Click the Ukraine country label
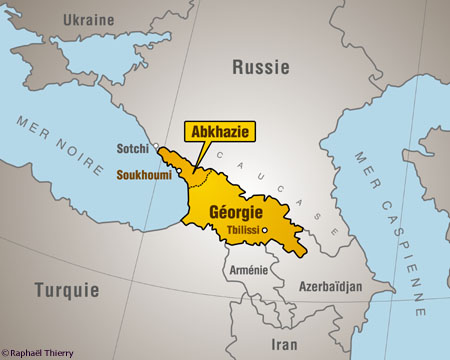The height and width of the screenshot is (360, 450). pos(88,20)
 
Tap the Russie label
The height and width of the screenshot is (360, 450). pos(260,67)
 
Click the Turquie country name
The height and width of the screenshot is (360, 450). pos(67,291)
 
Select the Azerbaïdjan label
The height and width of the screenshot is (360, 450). pos(331,287)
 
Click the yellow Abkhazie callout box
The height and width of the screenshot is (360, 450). pos(221,130)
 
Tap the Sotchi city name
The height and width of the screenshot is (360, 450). pos(132,149)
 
